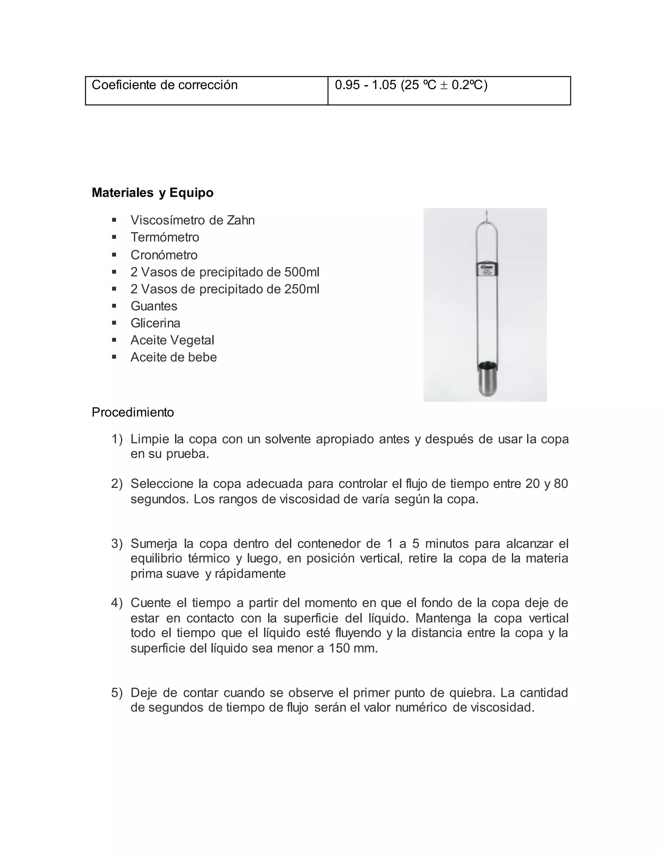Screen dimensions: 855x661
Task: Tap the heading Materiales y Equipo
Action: pos(152,193)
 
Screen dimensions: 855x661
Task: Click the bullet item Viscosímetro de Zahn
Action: pos(192,220)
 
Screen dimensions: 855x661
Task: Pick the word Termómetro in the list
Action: pos(165,237)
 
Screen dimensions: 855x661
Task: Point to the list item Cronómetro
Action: pos(164,255)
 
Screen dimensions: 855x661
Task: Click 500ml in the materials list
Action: pos(301,272)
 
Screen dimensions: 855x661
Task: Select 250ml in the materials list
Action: pos(301,289)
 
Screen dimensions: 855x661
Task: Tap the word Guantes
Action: pos(154,306)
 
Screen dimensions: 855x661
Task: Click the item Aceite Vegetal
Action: pos(172,340)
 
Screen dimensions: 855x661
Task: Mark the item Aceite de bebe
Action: pos(173,357)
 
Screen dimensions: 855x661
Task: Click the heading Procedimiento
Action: pos(132,412)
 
